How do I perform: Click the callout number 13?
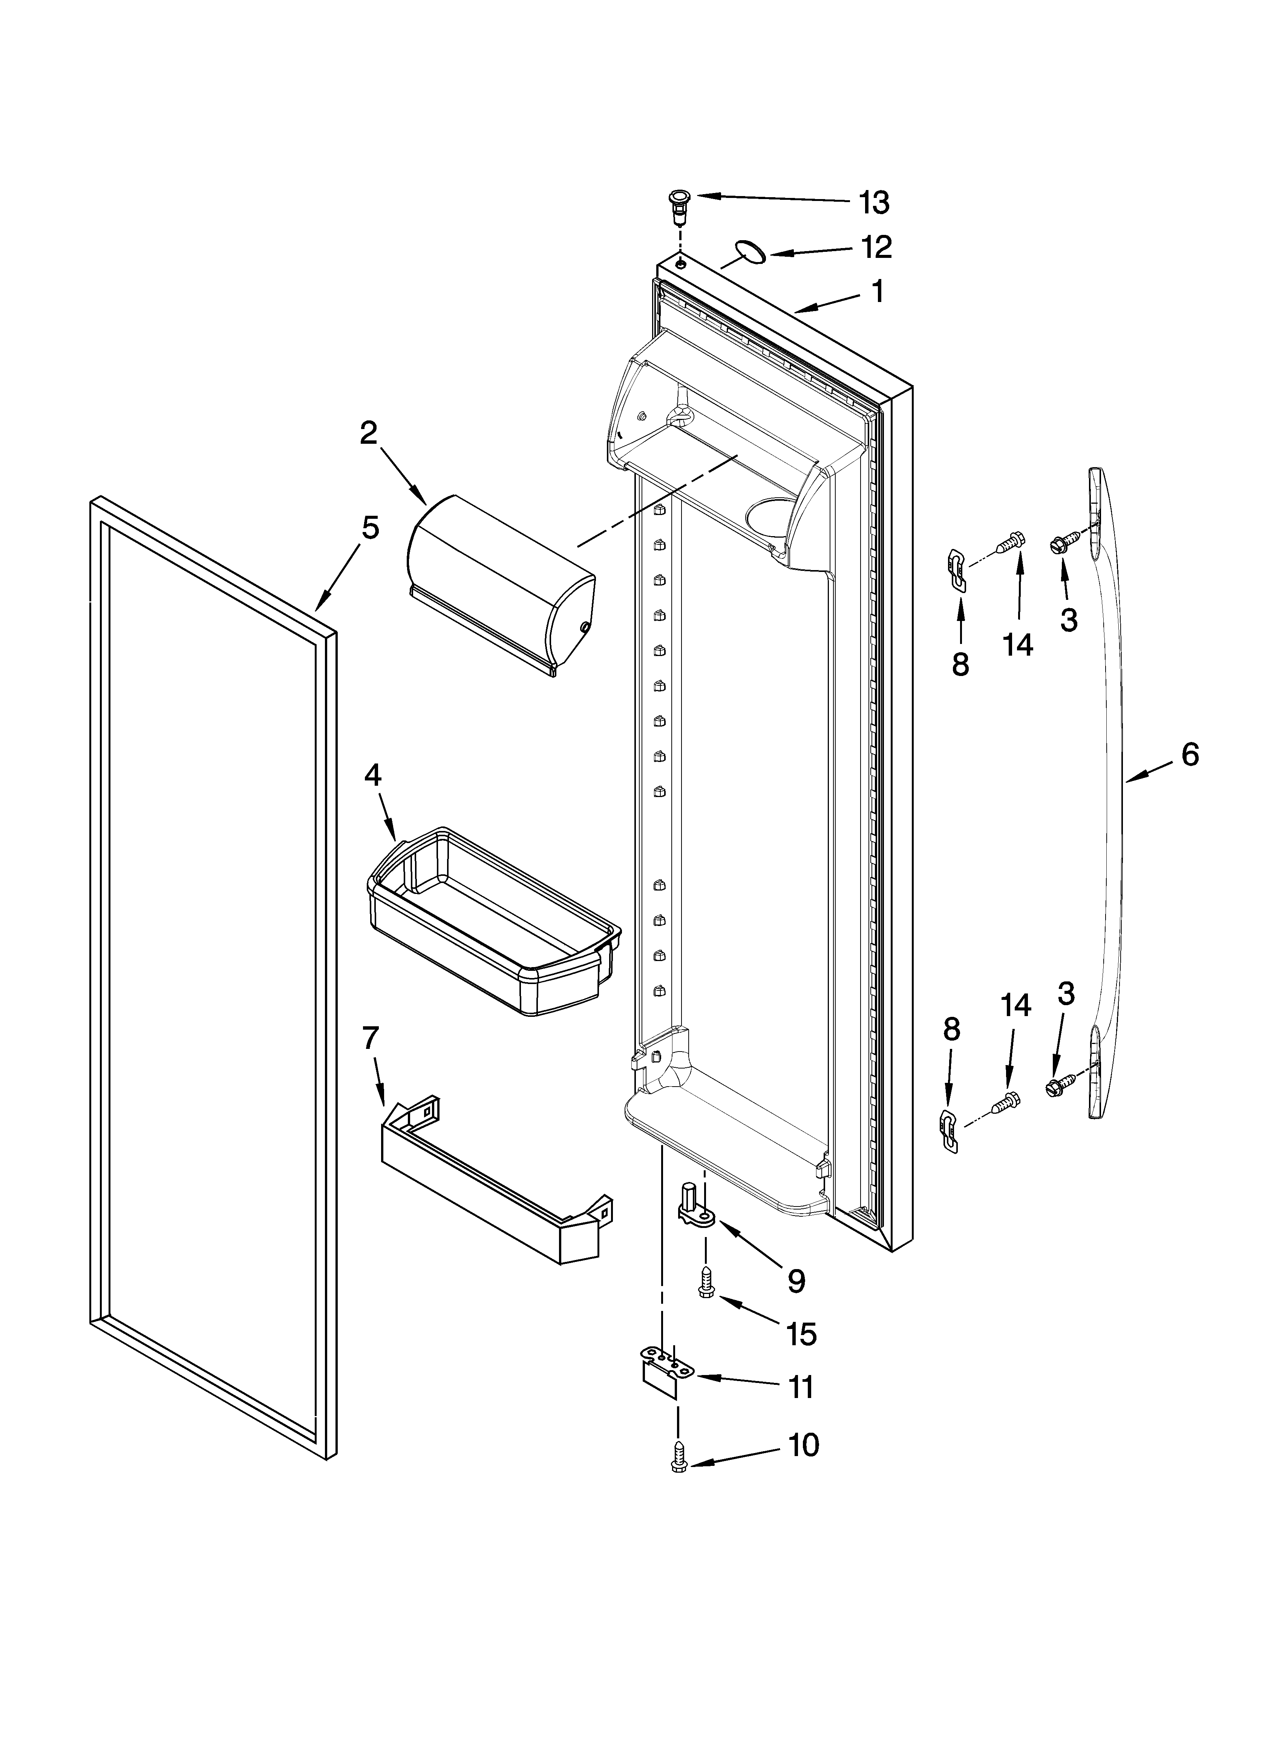(874, 203)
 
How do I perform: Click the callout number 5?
(371, 529)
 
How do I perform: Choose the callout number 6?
(1190, 756)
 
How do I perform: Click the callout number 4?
(372, 776)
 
